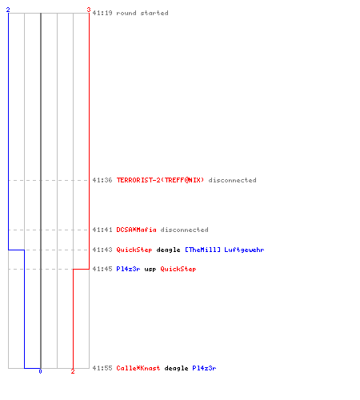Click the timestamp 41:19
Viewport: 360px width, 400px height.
coord(102,13)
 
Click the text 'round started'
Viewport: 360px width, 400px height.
coord(142,13)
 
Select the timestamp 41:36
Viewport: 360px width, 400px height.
coord(102,180)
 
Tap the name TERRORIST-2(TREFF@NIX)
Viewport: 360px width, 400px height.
coord(160,180)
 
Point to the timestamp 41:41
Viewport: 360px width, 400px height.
coord(102,230)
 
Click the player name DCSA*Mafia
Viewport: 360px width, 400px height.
coord(136,230)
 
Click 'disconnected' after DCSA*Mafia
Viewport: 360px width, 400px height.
coord(184,230)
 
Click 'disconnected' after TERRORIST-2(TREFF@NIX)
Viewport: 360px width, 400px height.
coord(232,180)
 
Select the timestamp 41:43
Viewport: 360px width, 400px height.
coord(102,250)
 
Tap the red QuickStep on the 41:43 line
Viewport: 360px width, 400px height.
coord(134,250)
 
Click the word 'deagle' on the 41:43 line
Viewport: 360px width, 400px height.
coord(168,250)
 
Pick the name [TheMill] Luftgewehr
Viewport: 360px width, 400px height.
coord(225,250)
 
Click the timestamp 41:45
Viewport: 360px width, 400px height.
coord(102,269)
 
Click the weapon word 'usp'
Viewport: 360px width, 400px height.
coord(150,270)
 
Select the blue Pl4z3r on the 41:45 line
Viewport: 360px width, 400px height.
coord(128,269)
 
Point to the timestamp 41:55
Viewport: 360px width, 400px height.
coord(102,368)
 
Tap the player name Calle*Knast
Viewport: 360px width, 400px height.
coord(138,368)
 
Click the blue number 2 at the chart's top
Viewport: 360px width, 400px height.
coord(8,10)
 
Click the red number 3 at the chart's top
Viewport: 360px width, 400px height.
coord(89,10)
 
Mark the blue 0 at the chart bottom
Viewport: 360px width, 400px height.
coord(40,371)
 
